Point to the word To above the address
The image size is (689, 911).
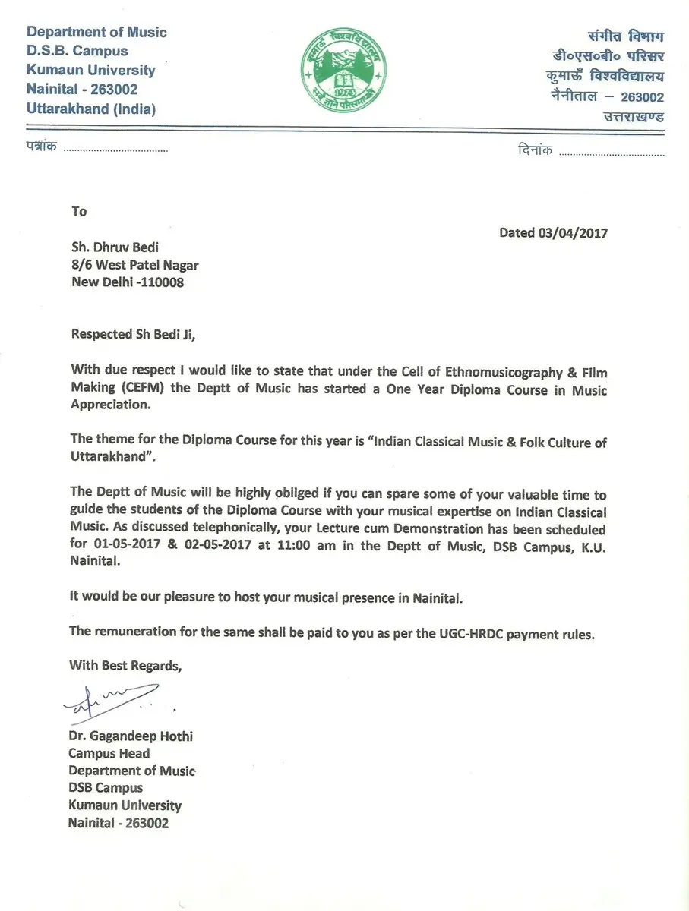(x=79, y=212)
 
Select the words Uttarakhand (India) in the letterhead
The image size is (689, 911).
(x=91, y=109)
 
